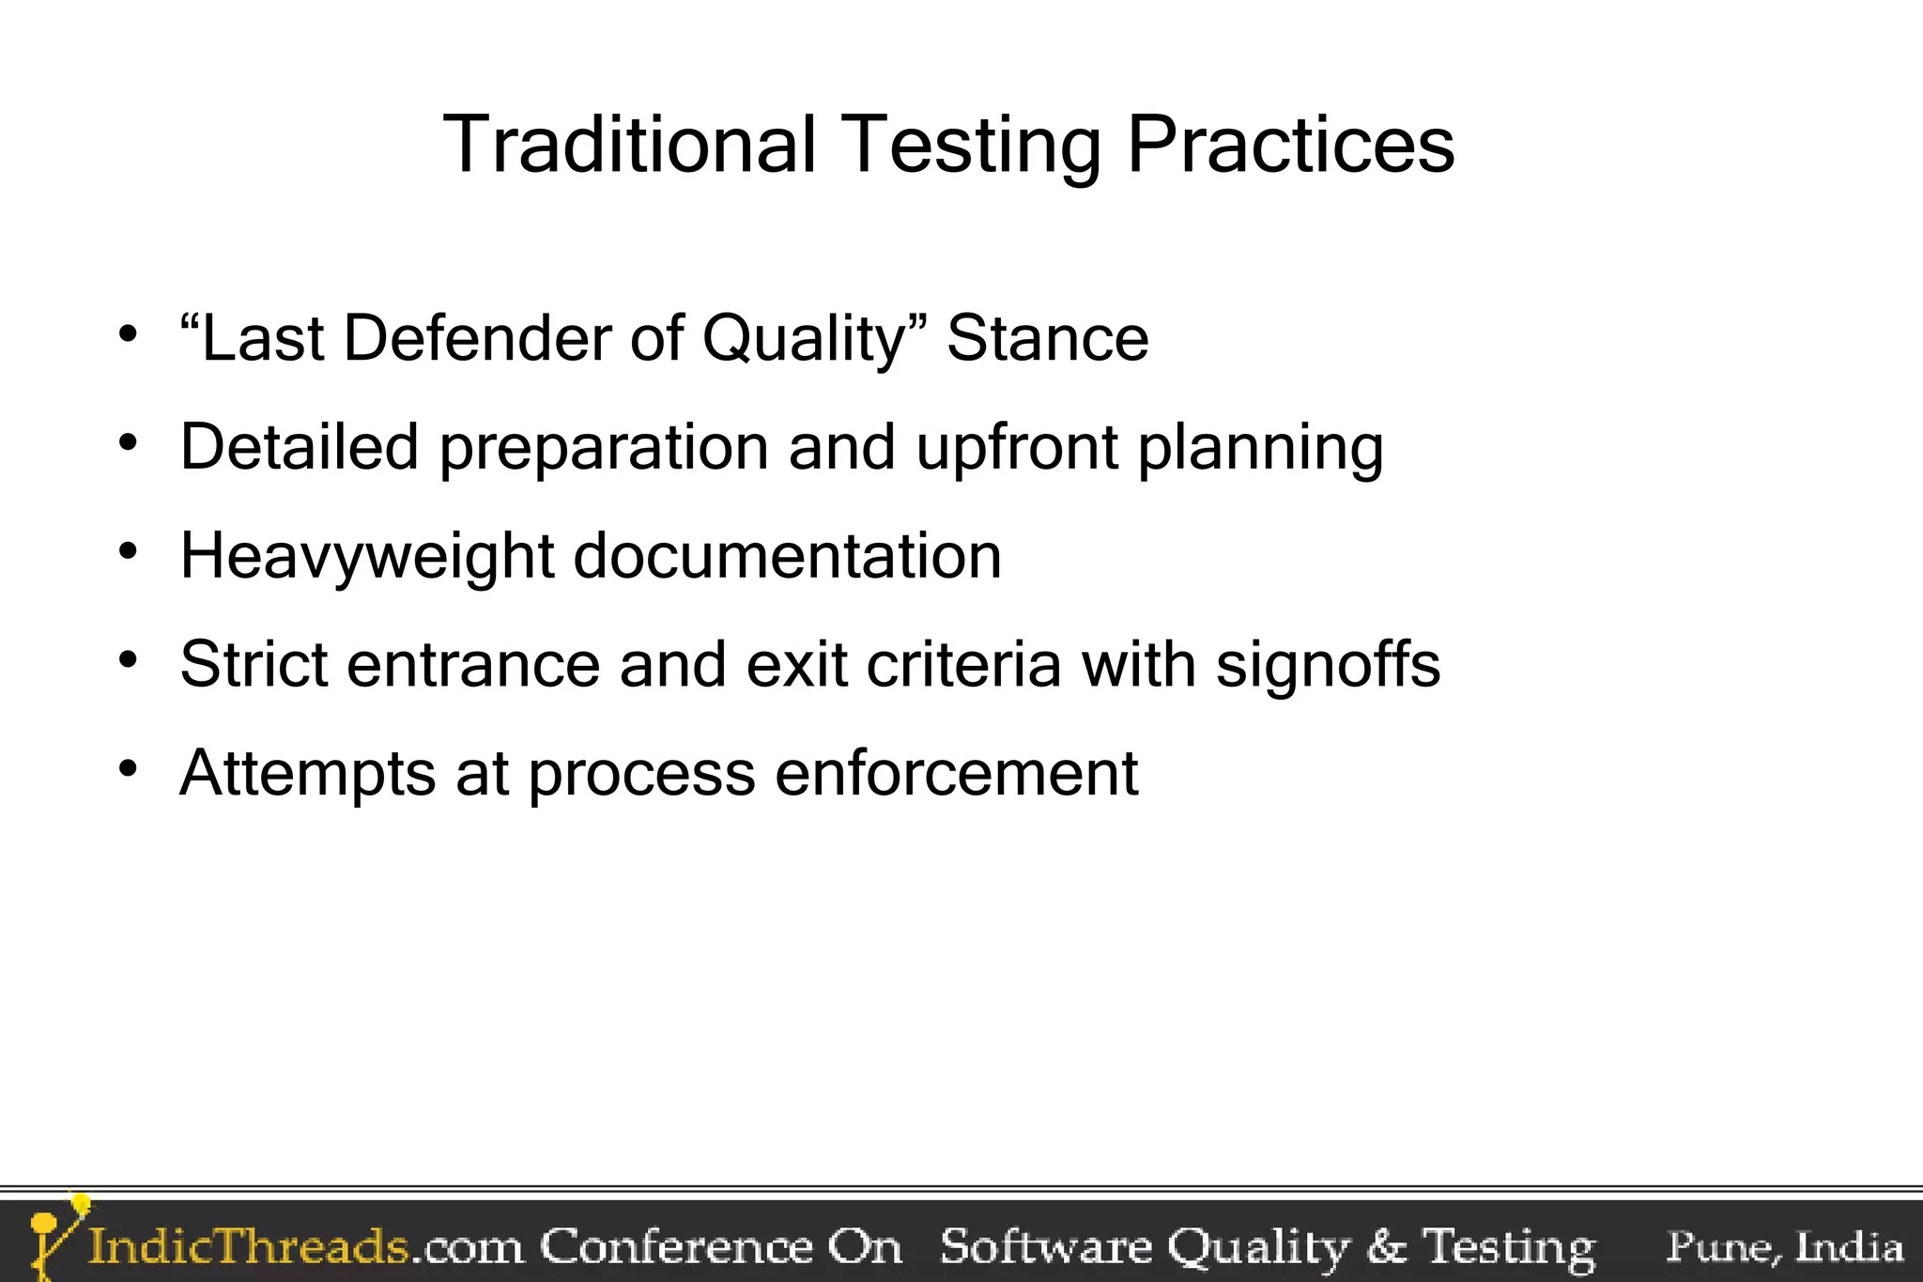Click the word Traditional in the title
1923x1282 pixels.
pyautogui.click(x=629, y=145)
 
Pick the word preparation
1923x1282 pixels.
pyautogui.click(x=604, y=449)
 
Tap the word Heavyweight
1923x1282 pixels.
pyautogui.click(x=367, y=557)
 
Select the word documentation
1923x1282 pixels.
pyautogui.click(x=787, y=556)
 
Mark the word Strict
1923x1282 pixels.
pyautogui.click(x=254, y=665)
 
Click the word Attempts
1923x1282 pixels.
pyautogui.click(x=307, y=775)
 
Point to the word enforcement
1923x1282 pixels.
pyautogui.click(x=957, y=774)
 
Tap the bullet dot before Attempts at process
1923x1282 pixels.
pyautogui.click(x=129, y=768)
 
